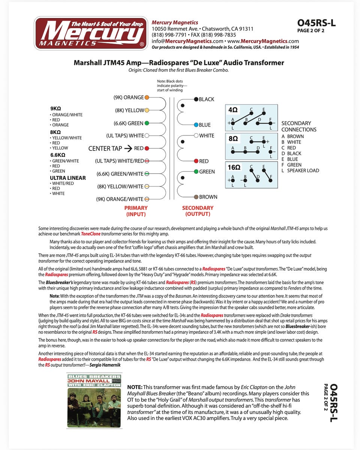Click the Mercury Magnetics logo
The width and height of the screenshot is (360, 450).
(x=91, y=33)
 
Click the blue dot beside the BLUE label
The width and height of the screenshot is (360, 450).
(x=196, y=125)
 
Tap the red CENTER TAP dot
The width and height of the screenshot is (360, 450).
(x=147, y=148)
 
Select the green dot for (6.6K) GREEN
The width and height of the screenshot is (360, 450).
(x=147, y=123)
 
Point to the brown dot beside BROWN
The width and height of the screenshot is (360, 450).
(x=196, y=197)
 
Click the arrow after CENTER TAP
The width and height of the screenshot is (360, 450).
(x=128, y=148)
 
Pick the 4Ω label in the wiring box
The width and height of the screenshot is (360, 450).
(x=233, y=110)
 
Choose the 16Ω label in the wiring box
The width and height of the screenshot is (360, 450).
(x=234, y=167)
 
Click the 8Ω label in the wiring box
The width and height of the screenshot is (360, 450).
(x=233, y=138)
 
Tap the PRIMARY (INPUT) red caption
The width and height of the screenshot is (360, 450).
(x=136, y=211)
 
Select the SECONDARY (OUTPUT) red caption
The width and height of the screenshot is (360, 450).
(x=198, y=211)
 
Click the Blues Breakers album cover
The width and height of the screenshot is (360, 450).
(x=94, y=400)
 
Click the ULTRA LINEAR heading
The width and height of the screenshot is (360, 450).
(x=68, y=178)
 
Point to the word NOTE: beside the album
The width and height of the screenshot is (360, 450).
(x=135, y=387)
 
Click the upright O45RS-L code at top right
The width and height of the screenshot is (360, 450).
(x=316, y=23)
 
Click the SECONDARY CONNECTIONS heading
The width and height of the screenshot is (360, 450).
(x=299, y=126)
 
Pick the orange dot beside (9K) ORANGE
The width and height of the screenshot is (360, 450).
(x=147, y=97)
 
